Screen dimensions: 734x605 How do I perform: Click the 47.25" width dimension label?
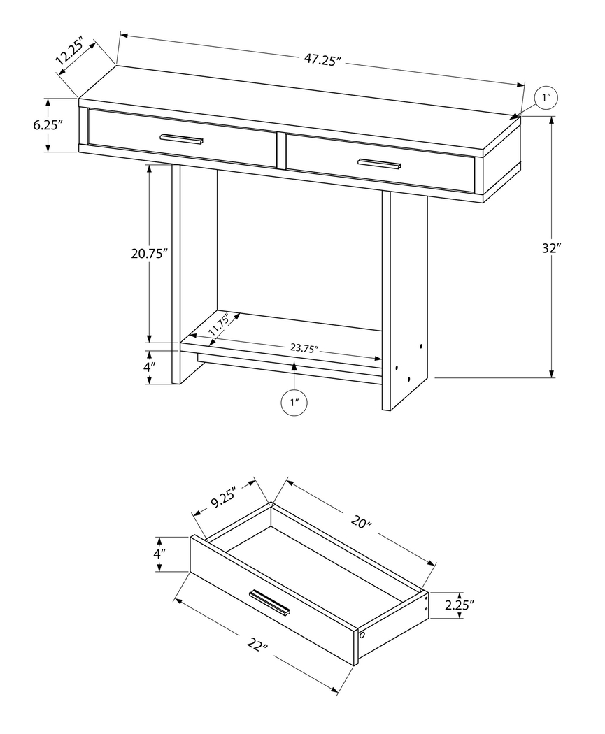[x=322, y=60]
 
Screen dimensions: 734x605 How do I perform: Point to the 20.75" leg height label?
[x=150, y=254]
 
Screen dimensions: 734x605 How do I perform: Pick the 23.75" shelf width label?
[x=305, y=348]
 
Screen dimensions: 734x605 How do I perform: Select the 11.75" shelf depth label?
[x=219, y=324]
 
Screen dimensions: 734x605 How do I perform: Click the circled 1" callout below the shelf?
[x=294, y=403]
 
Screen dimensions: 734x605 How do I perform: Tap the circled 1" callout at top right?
[x=546, y=99]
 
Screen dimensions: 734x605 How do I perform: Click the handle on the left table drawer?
[x=181, y=138]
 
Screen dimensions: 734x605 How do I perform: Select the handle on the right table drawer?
[x=379, y=164]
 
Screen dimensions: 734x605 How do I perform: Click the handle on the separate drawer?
[x=270, y=603]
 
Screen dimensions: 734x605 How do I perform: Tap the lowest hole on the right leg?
[x=408, y=378]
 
